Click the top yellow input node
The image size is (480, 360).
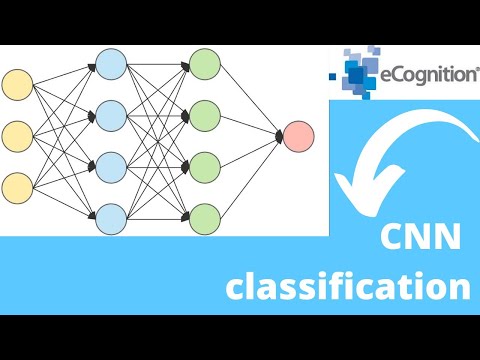(17, 84)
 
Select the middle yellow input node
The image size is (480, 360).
(17, 135)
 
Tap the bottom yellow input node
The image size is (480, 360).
(17, 186)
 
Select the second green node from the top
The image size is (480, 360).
(204, 115)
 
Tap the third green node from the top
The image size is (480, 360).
(204, 166)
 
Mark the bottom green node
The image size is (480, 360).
(204, 217)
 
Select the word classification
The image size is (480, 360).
(347, 289)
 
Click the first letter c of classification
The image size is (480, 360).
(236, 290)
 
